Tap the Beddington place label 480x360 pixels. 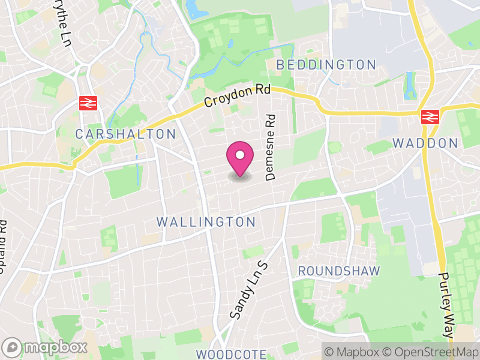click(326, 65)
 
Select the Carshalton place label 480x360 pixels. click(125, 134)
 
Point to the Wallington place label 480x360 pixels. click(206, 222)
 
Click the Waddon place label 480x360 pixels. click(425, 143)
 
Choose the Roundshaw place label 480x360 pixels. click(339, 271)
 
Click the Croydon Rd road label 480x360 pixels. click(237, 95)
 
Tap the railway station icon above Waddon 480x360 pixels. click(430, 116)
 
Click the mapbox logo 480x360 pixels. click(45, 347)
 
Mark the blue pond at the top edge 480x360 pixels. click(193, 8)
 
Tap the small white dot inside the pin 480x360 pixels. click(239, 155)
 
